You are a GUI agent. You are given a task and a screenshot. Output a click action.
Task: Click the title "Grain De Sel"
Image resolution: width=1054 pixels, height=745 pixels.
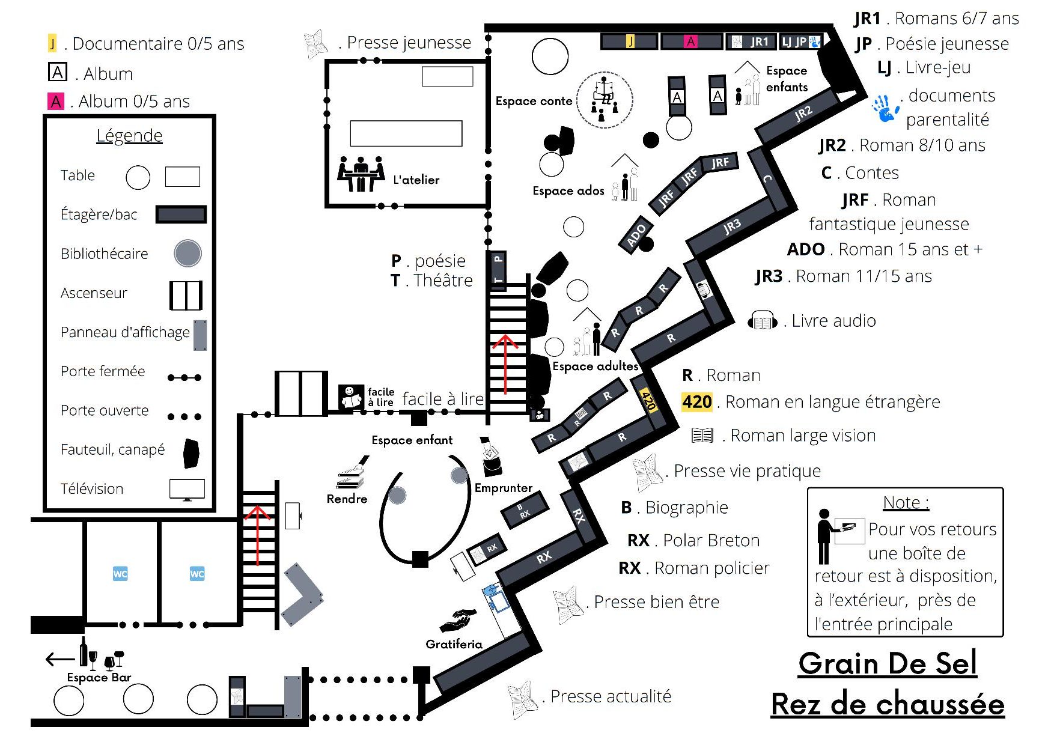887,664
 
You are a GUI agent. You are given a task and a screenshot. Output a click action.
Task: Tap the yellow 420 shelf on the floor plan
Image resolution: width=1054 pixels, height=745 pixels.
648,400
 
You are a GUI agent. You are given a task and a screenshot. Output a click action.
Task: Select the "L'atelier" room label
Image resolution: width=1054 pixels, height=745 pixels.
416,180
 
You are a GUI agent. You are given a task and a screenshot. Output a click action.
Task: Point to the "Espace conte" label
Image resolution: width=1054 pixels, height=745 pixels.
534,101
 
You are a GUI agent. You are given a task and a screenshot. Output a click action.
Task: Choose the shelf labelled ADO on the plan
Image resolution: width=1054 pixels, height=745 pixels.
636,236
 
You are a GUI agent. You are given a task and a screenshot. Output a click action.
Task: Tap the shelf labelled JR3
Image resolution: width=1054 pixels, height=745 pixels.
732,227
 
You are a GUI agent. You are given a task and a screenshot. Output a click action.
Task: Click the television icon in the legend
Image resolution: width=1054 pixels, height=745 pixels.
187,489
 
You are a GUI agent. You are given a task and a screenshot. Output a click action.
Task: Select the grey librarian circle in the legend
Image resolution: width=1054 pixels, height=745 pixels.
187,254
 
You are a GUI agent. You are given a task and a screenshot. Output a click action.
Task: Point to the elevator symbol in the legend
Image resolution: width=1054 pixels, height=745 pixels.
186,295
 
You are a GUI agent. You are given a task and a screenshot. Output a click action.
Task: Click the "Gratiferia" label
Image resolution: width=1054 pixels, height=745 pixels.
454,644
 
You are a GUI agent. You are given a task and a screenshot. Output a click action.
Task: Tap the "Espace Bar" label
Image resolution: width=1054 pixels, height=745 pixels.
99,677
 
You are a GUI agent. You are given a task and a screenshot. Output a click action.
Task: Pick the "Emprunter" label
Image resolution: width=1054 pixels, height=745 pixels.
503,488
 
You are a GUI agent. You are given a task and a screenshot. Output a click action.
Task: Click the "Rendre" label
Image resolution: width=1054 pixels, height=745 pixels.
347,499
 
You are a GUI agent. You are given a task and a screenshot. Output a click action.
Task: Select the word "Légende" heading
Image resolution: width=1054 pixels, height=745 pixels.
129,135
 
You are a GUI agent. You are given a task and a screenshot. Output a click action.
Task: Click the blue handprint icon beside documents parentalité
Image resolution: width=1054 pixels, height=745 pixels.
885,108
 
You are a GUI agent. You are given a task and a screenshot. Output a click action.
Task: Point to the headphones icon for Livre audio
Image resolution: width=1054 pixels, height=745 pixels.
762,321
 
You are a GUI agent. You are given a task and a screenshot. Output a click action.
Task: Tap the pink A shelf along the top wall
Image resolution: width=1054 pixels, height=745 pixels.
690,41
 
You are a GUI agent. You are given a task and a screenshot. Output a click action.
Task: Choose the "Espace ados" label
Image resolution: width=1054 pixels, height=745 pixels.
568,190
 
